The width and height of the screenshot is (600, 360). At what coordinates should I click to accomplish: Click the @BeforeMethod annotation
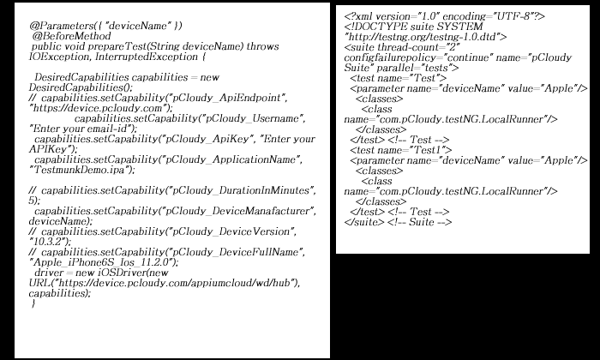pyautogui.click(x=71, y=36)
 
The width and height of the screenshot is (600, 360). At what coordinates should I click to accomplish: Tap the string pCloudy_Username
pyautogui.click(x=253, y=118)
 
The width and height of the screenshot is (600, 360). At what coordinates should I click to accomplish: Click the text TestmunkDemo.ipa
pyautogui.click(x=80, y=170)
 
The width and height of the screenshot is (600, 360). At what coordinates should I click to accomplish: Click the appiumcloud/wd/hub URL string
pyautogui.click(x=177, y=283)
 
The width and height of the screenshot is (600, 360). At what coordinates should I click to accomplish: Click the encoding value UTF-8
pyautogui.click(x=513, y=16)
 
